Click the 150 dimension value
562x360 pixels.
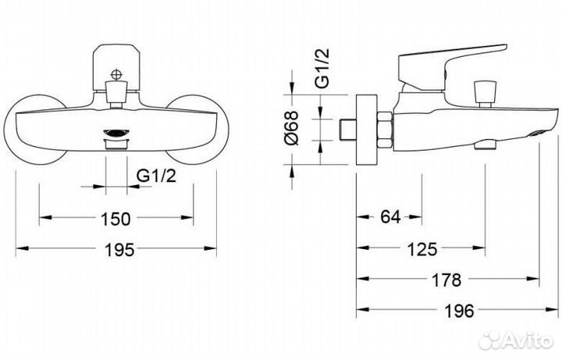pos(116,219)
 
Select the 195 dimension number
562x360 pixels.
pos(119,250)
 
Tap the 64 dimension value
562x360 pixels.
pos(390,217)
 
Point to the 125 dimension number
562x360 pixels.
pos(422,249)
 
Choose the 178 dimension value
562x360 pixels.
pos(446,280)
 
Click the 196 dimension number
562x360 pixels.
pos(459,311)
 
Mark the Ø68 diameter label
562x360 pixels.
pos(292,128)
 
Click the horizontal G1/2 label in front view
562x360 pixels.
pos(157,176)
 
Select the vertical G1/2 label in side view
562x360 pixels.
pos(322,68)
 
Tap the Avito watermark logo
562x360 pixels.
pos(516,340)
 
